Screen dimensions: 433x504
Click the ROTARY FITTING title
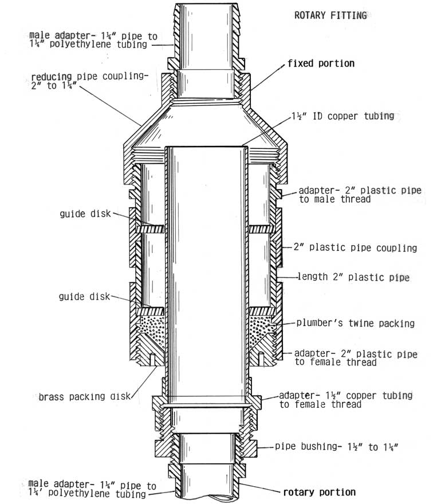[x=330, y=15]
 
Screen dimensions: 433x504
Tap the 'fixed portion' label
[x=321, y=64]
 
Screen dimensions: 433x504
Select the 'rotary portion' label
[x=319, y=492]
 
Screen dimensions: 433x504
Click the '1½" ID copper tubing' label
[x=343, y=116]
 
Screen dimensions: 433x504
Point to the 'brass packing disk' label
[x=85, y=396]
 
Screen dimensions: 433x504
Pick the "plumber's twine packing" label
[x=355, y=322]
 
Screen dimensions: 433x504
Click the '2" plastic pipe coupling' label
[x=355, y=247]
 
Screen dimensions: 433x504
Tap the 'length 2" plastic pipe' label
[x=353, y=277]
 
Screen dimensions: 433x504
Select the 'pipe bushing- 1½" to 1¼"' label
[x=337, y=447]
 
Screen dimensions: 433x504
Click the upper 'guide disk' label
[x=85, y=214]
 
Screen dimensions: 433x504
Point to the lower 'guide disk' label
[x=84, y=296]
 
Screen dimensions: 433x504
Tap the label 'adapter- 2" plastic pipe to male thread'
[x=360, y=195]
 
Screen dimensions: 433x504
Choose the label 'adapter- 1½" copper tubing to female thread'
[x=345, y=400]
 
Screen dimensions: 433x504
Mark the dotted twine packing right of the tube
[x=261, y=329]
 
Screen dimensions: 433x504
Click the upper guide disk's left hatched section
[x=150, y=229]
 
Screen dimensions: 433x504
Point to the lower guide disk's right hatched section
[x=262, y=311]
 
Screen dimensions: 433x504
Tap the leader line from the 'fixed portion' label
[x=267, y=77]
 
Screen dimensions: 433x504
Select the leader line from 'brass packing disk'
[x=144, y=382]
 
